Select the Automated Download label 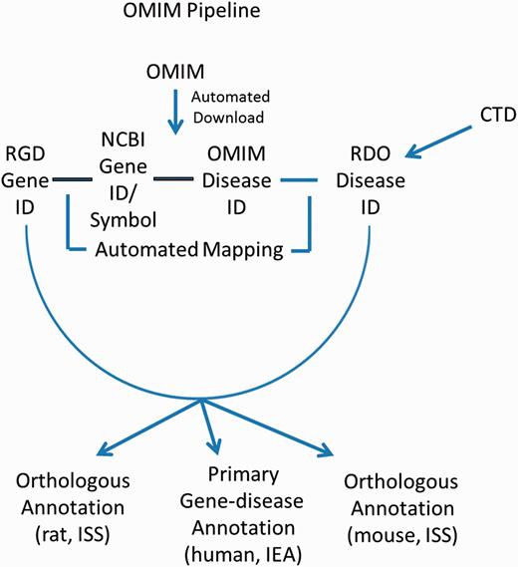(x=243, y=106)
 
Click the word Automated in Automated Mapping (x=147, y=250)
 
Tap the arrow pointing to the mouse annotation (x=289, y=433)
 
